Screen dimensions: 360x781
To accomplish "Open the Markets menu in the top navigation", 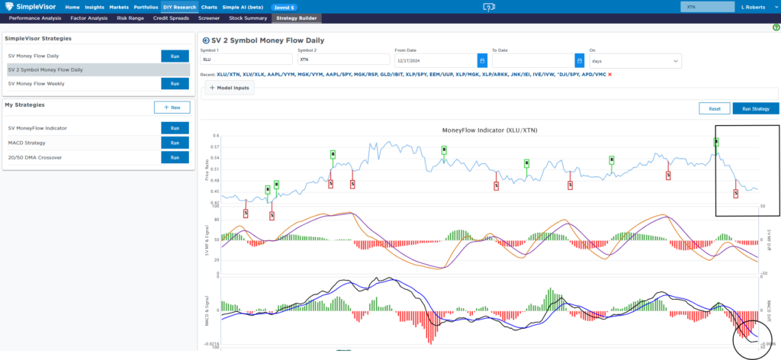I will click(x=118, y=7).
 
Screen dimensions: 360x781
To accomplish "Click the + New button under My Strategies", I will click(x=172, y=108).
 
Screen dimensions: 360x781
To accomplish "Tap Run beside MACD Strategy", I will click(x=175, y=143).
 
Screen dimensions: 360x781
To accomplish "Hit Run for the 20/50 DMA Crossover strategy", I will click(x=175, y=157).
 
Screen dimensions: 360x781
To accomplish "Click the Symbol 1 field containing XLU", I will click(x=246, y=59).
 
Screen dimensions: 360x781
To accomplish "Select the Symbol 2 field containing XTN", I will click(x=343, y=59).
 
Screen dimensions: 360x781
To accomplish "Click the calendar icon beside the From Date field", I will click(x=482, y=59).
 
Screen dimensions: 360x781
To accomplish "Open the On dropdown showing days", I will click(x=635, y=59).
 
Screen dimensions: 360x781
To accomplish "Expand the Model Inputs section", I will click(x=230, y=88).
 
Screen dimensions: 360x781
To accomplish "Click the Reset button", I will click(x=714, y=108).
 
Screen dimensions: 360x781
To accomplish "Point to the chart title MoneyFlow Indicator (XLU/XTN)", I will click(x=489, y=130).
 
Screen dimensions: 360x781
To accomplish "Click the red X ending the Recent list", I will click(x=609, y=75).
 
